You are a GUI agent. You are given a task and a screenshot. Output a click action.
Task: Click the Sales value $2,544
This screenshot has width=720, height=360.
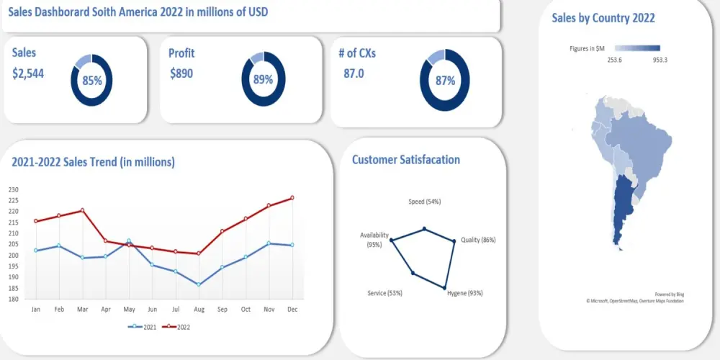coord(28,73)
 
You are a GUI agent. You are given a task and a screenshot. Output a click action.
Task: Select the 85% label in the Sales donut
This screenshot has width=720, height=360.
coord(91,81)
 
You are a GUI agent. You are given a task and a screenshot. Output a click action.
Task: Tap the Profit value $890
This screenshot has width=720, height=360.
coord(181,73)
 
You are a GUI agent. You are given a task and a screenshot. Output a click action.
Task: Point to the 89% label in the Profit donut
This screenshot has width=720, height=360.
coord(263,79)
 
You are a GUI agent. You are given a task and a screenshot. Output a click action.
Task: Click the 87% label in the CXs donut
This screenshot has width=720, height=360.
coord(445,81)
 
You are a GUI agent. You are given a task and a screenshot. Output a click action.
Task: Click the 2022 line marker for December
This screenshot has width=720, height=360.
coord(292,197)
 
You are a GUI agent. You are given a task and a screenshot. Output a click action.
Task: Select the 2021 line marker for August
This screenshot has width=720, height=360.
coord(199,284)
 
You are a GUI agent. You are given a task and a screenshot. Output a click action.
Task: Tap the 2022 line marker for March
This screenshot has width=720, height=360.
coord(82,210)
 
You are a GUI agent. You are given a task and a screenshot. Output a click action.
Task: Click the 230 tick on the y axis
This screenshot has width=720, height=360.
coord(14,189)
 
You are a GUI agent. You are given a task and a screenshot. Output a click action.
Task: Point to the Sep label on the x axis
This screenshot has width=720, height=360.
coord(222,309)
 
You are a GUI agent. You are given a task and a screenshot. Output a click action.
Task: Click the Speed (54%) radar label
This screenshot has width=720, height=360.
coord(424,202)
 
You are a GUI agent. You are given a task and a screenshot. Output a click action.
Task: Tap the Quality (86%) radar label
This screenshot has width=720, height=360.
coord(478,240)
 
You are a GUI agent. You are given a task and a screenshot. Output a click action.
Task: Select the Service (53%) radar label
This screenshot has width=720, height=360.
coord(384,293)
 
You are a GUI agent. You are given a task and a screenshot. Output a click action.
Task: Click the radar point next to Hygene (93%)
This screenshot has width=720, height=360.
coord(444,288)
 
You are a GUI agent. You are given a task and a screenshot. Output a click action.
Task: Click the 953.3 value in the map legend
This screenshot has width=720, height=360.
coord(660,60)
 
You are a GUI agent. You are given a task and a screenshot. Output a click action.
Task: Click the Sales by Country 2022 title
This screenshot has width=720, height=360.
coord(603,18)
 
